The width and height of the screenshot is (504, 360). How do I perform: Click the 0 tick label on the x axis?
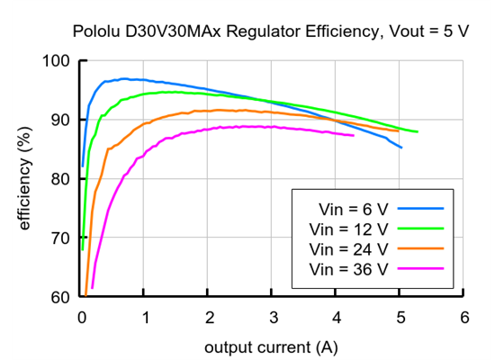click(82, 318)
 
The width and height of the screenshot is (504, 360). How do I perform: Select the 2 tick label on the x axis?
click(209, 318)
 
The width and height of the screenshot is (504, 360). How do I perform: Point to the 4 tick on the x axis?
click(337, 318)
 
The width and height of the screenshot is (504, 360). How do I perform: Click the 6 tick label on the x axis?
click(463, 318)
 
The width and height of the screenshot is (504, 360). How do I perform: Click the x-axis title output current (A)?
click(273, 346)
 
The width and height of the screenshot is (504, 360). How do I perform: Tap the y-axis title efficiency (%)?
click(25, 180)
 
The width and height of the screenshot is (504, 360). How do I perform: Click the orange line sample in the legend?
click(422, 247)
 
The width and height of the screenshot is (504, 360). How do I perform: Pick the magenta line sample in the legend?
click(422, 267)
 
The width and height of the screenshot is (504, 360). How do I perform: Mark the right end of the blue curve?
click(400, 148)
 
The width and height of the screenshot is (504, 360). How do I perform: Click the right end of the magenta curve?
click(354, 136)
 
